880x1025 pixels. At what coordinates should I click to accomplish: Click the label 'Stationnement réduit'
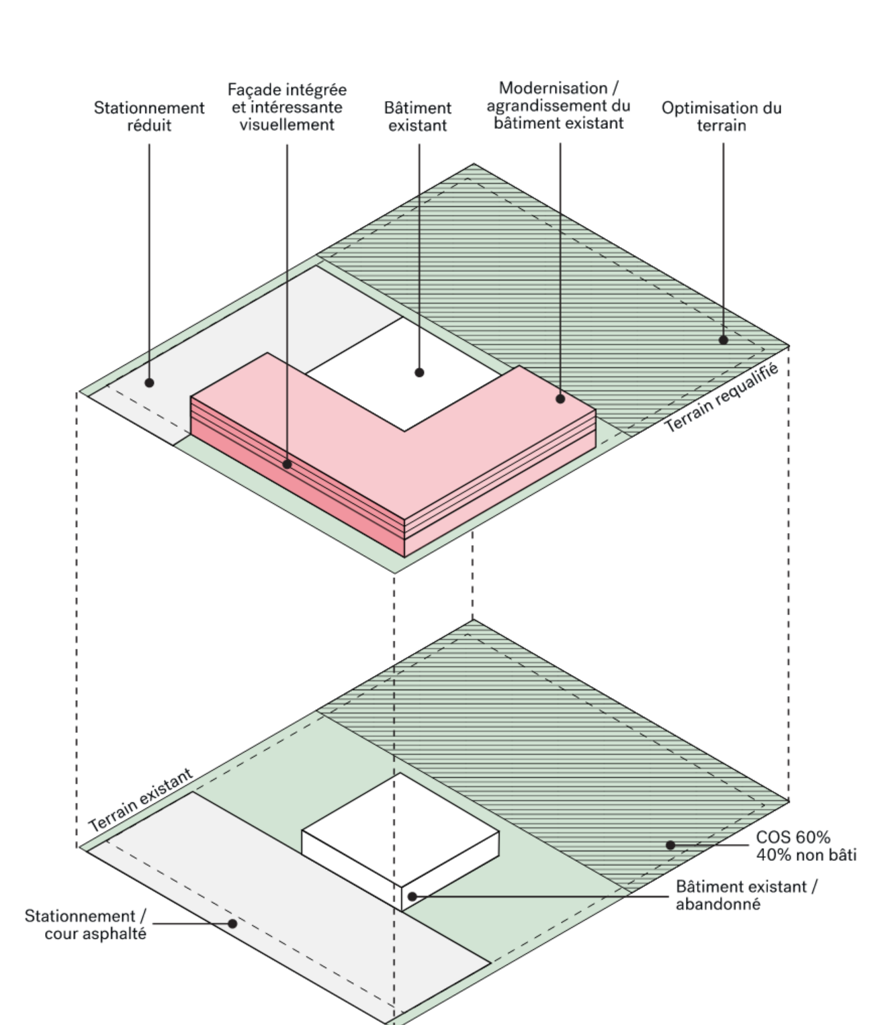(149, 116)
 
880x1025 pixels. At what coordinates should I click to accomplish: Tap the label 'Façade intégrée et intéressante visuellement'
(287, 107)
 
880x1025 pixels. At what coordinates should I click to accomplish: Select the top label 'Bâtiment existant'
(418, 116)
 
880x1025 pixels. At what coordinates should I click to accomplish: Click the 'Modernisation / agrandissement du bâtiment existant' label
(559, 105)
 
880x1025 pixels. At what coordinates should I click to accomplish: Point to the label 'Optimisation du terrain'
(721, 116)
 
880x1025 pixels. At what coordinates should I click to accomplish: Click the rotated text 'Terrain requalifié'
(721, 397)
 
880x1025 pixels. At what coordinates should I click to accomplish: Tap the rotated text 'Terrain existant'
(141, 800)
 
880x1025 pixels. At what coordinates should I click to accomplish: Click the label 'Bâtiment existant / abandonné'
(746, 895)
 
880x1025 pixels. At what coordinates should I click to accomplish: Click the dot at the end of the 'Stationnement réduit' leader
(150, 383)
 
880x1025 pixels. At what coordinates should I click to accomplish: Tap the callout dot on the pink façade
(287, 463)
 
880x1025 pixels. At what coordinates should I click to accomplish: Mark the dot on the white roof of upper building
(419, 372)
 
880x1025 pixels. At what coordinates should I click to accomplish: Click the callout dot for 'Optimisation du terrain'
(723, 340)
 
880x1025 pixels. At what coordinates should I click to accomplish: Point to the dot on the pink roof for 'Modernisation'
(560, 399)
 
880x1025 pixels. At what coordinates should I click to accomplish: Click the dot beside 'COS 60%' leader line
(670, 845)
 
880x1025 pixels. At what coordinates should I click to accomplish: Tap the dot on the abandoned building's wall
(412, 895)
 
